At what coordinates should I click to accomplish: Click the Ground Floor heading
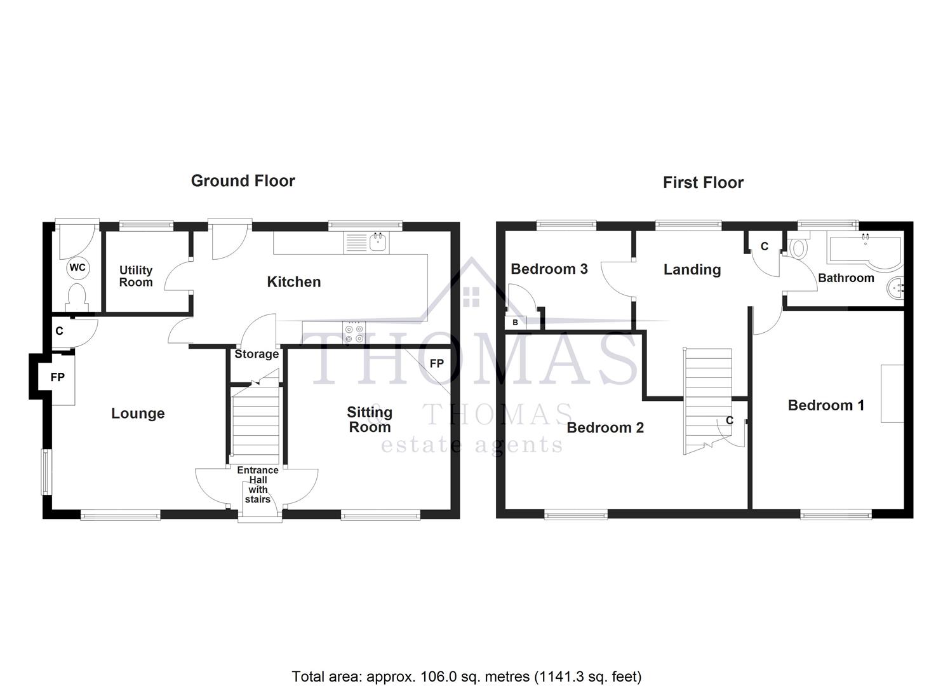(x=243, y=181)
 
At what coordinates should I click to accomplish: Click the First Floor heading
(x=703, y=183)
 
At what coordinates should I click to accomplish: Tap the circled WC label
(x=77, y=267)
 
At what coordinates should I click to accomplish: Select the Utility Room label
(x=136, y=276)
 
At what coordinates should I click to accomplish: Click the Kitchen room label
(x=293, y=282)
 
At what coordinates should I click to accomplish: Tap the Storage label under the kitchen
(x=257, y=354)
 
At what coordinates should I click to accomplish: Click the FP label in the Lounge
(x=58, y=377)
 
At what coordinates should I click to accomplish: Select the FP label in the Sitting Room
(x=436, y=364)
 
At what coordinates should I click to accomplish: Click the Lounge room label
(x=138, y=414)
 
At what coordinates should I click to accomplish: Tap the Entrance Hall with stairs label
(x=258, y=485)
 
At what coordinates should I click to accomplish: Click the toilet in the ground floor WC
(x=77, y=297)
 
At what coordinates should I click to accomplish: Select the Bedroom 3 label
(x=549, y=269)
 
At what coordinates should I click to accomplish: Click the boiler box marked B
(x=515, y=323)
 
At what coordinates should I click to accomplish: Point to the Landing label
(x=692, y=270)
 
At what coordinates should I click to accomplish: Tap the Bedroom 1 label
(x=826, y=405)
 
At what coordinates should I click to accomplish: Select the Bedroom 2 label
(x=605, y=427)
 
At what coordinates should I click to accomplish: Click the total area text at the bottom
(x=467, y=676)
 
